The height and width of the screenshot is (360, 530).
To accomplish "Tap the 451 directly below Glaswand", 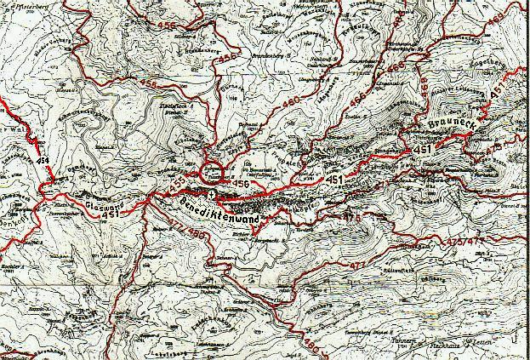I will [x=109, y=215].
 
